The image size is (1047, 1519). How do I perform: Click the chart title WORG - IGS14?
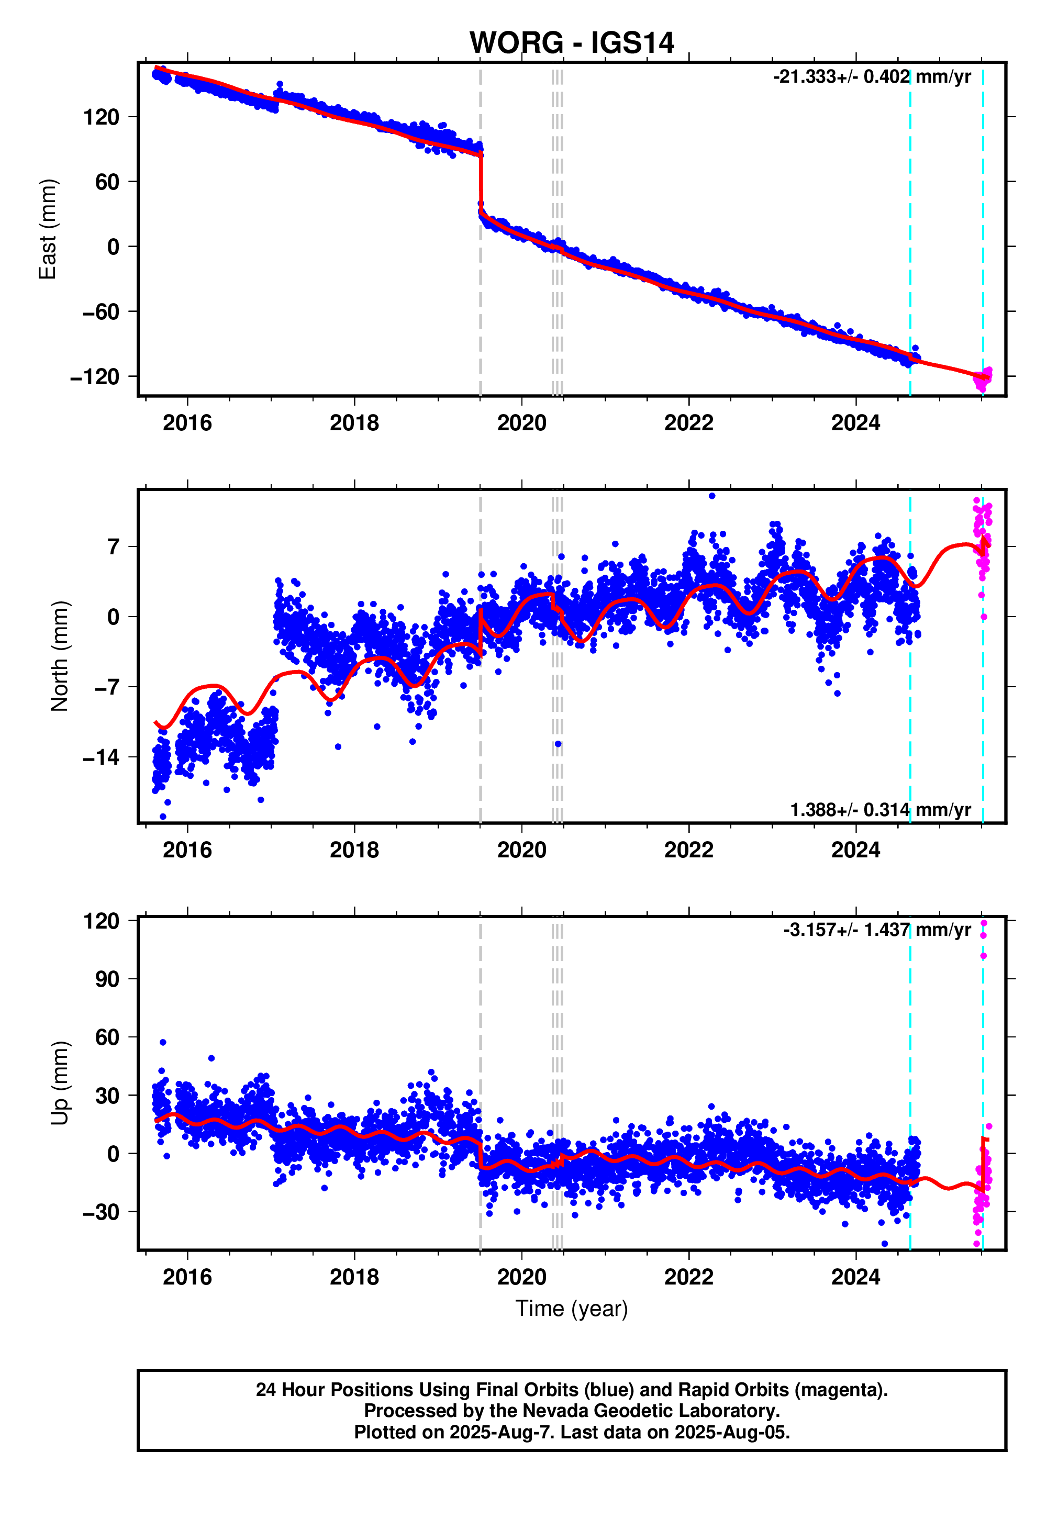click(x=571, y=43)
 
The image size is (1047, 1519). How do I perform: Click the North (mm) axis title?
click(x=60, y=656)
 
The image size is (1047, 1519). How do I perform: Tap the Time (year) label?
click(x=571, y=1309)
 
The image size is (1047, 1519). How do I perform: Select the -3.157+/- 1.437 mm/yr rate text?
click(x=876, y=930)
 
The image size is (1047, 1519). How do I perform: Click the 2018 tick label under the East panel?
click(x=354, y=423)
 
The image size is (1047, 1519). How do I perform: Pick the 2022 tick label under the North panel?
click(x=688, y=850)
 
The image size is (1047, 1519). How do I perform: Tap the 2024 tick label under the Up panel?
click(x=855, y=1277)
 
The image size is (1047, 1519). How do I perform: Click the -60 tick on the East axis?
click(x=101, y=311)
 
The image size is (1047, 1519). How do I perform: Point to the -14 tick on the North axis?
click(x=101, y=757)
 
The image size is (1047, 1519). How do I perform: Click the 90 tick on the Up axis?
click(x=101, y=979)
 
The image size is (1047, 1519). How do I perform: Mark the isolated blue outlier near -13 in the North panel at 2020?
click(x=558, y=744)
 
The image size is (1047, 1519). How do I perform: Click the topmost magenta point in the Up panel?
click(x=983, y=923)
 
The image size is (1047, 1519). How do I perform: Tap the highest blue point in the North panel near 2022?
click(x=712, y=496)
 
